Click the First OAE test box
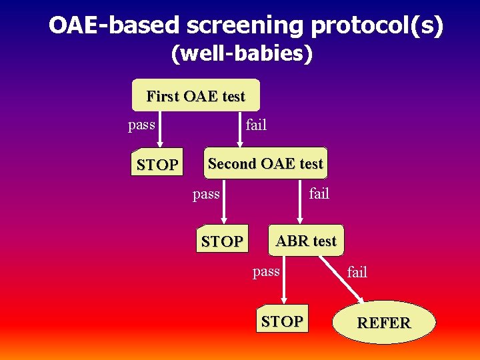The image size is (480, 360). [196, 96]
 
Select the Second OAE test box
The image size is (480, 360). [265, 163]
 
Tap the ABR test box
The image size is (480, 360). [306, 241]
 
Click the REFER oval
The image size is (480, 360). [384, 323]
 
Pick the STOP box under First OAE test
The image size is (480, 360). [157, 165]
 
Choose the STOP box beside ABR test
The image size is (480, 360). [222, 241]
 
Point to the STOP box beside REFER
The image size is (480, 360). [282, 321]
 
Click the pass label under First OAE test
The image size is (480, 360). [141, 125]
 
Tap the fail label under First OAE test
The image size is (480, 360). [256, 125]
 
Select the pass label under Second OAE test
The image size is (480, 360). [205, 194]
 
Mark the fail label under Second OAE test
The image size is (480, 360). [319, 194]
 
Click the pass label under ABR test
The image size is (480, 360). [266, 271]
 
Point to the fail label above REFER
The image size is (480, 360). [357, 271]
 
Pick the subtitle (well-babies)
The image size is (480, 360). [241, 53]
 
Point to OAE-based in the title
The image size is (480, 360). [114, 25]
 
